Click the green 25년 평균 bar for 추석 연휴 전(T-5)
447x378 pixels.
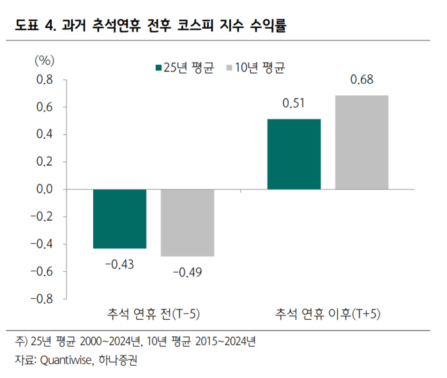click(119, 219)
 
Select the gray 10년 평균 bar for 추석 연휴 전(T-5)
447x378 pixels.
click(187, 223)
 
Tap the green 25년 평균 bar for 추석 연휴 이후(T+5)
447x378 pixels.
click(294, 154)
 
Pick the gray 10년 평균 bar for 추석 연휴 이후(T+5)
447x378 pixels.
click(361, 142)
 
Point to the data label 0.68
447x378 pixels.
click(361, 81)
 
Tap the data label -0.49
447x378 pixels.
click(187, 272)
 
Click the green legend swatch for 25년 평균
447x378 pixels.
click(158, 66)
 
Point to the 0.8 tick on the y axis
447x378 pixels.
click(45, 80)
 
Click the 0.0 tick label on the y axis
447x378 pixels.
click(45, 189)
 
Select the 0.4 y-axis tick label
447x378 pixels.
click(45, 134)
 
